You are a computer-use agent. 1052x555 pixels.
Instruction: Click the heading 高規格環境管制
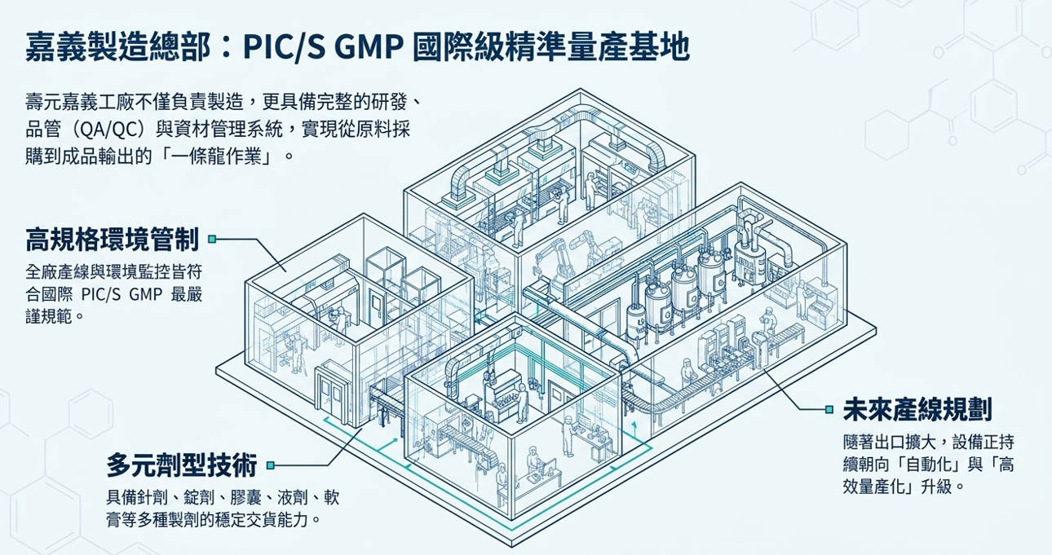point(113,240)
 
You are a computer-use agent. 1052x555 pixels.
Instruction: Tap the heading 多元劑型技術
point(182,465)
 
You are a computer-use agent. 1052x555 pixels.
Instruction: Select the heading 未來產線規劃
point(917,410)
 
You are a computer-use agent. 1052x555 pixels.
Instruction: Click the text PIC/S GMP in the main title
point(324,47)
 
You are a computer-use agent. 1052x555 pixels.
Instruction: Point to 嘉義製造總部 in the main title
point(117,47)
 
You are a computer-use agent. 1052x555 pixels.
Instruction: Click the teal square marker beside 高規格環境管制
point(212,240)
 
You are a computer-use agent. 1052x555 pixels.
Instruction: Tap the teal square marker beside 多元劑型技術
point(270,465)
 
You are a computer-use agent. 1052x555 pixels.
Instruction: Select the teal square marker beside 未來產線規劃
point(829,410)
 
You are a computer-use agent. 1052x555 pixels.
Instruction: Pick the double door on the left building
point(332,392)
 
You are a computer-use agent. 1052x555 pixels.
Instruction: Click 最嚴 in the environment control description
point(187,294)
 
